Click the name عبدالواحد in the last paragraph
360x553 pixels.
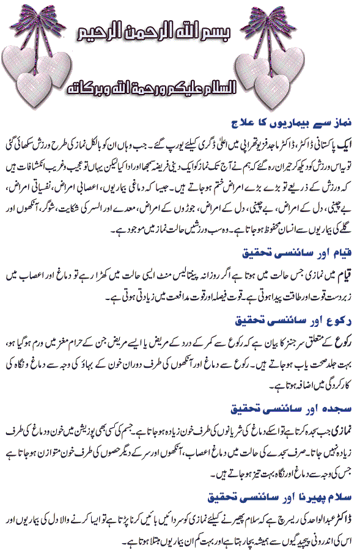click(318, 513)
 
